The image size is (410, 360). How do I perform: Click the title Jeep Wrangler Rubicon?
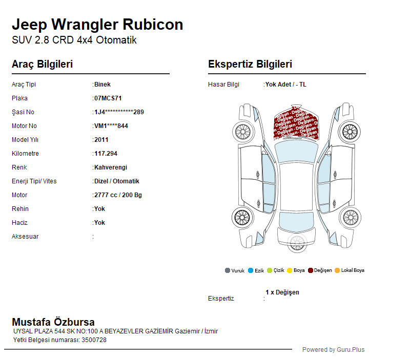97,25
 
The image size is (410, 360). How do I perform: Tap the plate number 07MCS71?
108,98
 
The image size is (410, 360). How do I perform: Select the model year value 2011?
101,140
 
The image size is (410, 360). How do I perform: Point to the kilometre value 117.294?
106,154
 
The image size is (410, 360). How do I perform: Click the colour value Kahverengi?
111,167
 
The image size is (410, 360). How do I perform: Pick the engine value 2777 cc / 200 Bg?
118,195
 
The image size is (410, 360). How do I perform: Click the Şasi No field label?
23,112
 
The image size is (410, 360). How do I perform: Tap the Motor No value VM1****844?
111,126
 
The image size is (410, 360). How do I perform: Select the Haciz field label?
19,223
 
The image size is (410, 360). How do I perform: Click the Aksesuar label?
25,237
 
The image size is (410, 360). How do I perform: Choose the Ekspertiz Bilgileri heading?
250,65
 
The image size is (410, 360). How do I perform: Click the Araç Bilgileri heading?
42,65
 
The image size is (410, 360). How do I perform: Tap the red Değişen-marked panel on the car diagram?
295,124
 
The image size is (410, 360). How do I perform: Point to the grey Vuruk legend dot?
228,270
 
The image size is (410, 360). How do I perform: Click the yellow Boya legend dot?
290,270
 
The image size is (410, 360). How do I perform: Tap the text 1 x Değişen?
282,292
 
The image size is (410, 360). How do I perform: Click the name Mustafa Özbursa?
53,322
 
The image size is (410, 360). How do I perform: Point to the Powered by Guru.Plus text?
333,350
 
